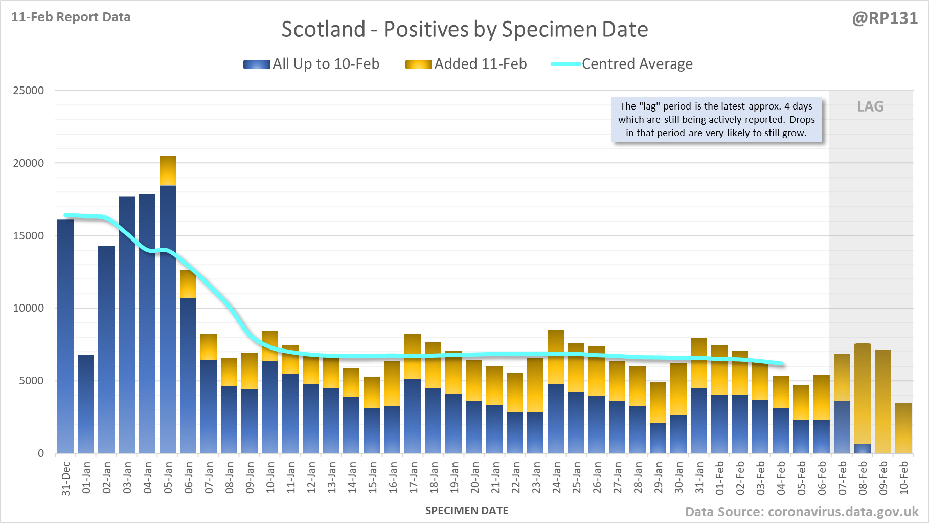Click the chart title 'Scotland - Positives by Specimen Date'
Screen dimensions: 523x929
pos(464,29)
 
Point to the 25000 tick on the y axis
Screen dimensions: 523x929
pos(29,91)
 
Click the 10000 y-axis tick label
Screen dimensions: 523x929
pos(29,308)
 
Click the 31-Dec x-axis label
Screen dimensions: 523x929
pos(66,478)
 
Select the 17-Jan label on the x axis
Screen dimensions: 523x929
pos(413,477)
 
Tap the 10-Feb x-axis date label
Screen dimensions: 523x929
pos(903,477)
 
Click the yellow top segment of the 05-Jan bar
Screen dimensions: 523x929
pos(168,170)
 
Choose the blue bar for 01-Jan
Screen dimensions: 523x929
pos(86,404)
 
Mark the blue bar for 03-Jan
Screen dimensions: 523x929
pos(127,325)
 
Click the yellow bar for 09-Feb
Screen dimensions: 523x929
pos(883,402)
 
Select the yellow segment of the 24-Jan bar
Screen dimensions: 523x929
pos(556,357)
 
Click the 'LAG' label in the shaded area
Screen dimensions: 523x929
pos(870,106)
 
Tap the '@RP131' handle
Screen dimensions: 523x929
pos(885,18)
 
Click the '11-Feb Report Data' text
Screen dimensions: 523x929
pos(71,17)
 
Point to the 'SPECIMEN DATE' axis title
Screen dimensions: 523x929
pos(467,511)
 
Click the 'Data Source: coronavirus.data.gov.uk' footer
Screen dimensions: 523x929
pos(802,512)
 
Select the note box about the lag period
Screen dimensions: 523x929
pos(716,120)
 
